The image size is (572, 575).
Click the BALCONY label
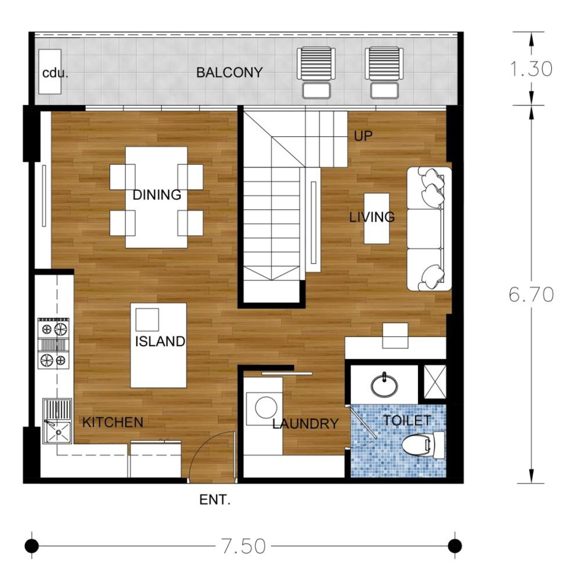click(x=229, y=72)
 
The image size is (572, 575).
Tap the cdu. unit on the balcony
click(x=50, y=72)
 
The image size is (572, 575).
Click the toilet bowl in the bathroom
click(x=423, y=446)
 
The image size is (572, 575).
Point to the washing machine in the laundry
click(x=264, y=408)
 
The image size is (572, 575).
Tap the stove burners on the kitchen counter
click(x=54, y=344)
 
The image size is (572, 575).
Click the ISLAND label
click(x=160, y=341)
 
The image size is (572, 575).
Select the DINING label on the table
click(x=157, y=195)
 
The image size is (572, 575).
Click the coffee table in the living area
click(x=376, y=219)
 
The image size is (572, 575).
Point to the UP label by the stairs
click(x=363, y=136)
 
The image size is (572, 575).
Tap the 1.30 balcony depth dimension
click(x=531, y=69)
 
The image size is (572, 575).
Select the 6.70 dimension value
click(x=531, y=294)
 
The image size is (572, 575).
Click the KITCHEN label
click(x=113, y=422)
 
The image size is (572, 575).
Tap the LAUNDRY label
click(x=305, y=424)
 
